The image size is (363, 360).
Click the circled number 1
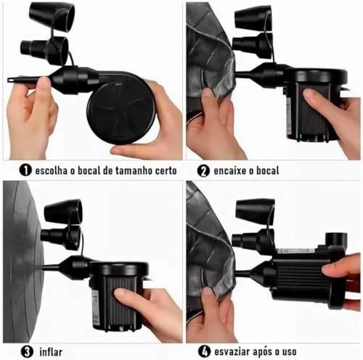pos(25,170)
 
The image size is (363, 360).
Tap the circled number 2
pos(203,171)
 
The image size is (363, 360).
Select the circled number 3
pos(27,351)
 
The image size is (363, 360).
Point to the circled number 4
pos(204,351)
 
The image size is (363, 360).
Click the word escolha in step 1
pos(52,171)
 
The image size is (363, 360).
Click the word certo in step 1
pos(166,171)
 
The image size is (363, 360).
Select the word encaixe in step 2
pos(230,171)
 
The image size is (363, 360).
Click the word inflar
pos(51,352)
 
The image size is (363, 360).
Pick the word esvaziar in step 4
pos(232,351)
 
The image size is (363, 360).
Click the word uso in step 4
pos(289,352)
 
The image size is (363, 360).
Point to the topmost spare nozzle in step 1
pos(52,17)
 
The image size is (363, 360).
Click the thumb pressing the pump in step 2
pos(314,97)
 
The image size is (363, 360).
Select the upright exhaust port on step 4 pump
pos(337,241)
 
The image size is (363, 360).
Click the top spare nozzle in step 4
pos(255,210)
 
